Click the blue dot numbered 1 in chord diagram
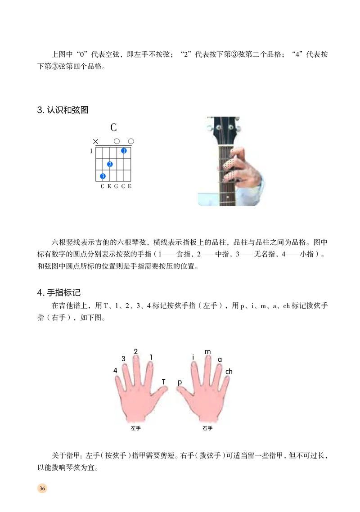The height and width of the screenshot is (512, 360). coord(124,151)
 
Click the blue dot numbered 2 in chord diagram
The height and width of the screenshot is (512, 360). coord(110,164)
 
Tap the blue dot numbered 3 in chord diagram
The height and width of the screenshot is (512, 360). coord(103,176)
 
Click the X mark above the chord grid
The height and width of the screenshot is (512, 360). coord(95,141)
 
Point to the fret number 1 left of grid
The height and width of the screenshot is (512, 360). coord(91,151)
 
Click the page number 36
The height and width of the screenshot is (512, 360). coord(42,489)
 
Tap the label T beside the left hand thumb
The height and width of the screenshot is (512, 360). coord(164,382)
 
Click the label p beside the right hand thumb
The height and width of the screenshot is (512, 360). coord(180,382)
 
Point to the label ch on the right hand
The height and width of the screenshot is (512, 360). coord(229,372)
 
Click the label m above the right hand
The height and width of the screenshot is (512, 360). coord(207,351)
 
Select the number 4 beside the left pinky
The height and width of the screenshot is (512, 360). coord(116,370)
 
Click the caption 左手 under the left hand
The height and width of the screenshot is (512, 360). coord(136,428)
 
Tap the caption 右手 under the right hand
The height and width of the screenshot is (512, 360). coord(207,428)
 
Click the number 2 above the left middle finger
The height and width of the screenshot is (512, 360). coord(136,351)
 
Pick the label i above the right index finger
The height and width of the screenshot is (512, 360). coord(193,357)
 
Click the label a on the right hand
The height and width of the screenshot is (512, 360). coord(220,359)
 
